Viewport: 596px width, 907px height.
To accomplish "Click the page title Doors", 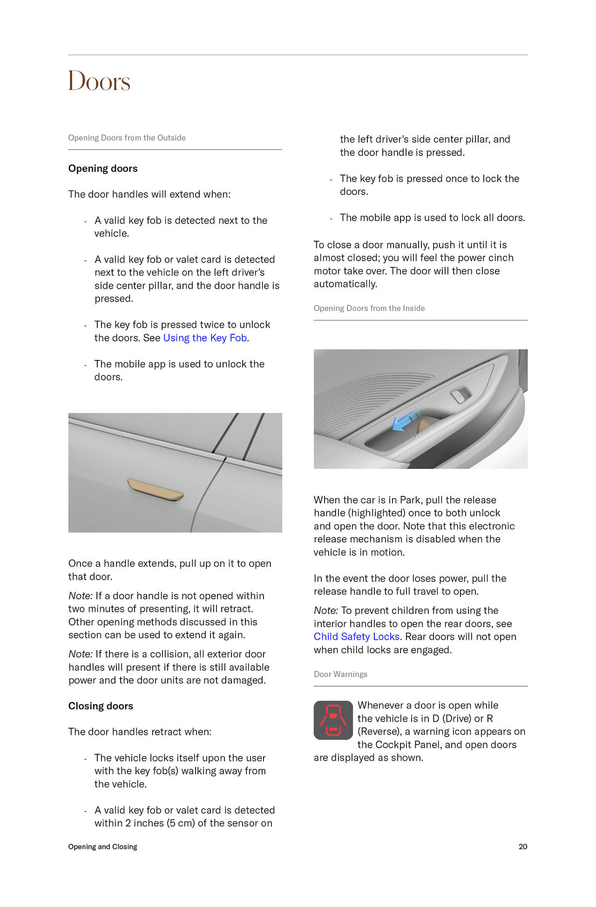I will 99,81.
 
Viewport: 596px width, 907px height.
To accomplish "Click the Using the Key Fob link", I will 205,338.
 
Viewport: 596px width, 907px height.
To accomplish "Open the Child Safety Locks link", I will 356,636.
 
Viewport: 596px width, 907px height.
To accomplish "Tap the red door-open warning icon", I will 333,720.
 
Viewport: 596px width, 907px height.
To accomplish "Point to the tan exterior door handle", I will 156,490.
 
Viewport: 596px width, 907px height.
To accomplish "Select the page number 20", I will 523,846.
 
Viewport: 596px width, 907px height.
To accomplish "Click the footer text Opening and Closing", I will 102,846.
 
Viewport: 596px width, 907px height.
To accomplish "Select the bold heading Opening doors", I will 103,169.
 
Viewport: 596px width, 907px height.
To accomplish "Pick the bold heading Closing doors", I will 101,706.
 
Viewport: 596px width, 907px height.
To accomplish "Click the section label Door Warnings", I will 340,674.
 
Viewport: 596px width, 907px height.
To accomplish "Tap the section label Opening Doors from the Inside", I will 369,308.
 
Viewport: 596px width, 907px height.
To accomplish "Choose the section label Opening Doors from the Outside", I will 127,138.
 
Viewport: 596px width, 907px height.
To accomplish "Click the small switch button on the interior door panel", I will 460,395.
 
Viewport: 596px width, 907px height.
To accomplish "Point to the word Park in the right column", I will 410,500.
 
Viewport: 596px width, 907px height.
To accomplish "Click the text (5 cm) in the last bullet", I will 180,823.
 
